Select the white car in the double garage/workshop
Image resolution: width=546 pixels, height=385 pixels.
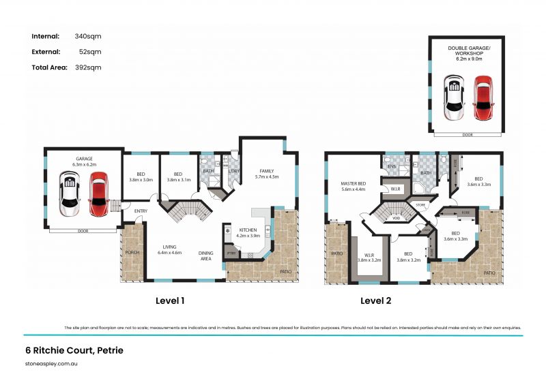click(x=455, y=97)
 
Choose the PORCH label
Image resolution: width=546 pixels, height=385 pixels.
click(x=132, y=252)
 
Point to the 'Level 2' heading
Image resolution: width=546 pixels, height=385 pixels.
click(x=376, y=300)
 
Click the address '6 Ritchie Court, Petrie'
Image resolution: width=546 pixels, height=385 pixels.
click(x=71, y=351)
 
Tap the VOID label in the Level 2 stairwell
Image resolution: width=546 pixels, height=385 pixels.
click(x=396, y=219)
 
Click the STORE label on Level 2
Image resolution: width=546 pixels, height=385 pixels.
click(x=421, y=204)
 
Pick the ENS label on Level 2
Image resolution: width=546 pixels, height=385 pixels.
click(x=392, y=166)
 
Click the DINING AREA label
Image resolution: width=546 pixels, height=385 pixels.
click(x=205, y=256)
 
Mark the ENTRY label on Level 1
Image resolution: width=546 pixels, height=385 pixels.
click(x=141, y=211)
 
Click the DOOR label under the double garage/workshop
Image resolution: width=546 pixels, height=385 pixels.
click(x=467, y=135)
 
